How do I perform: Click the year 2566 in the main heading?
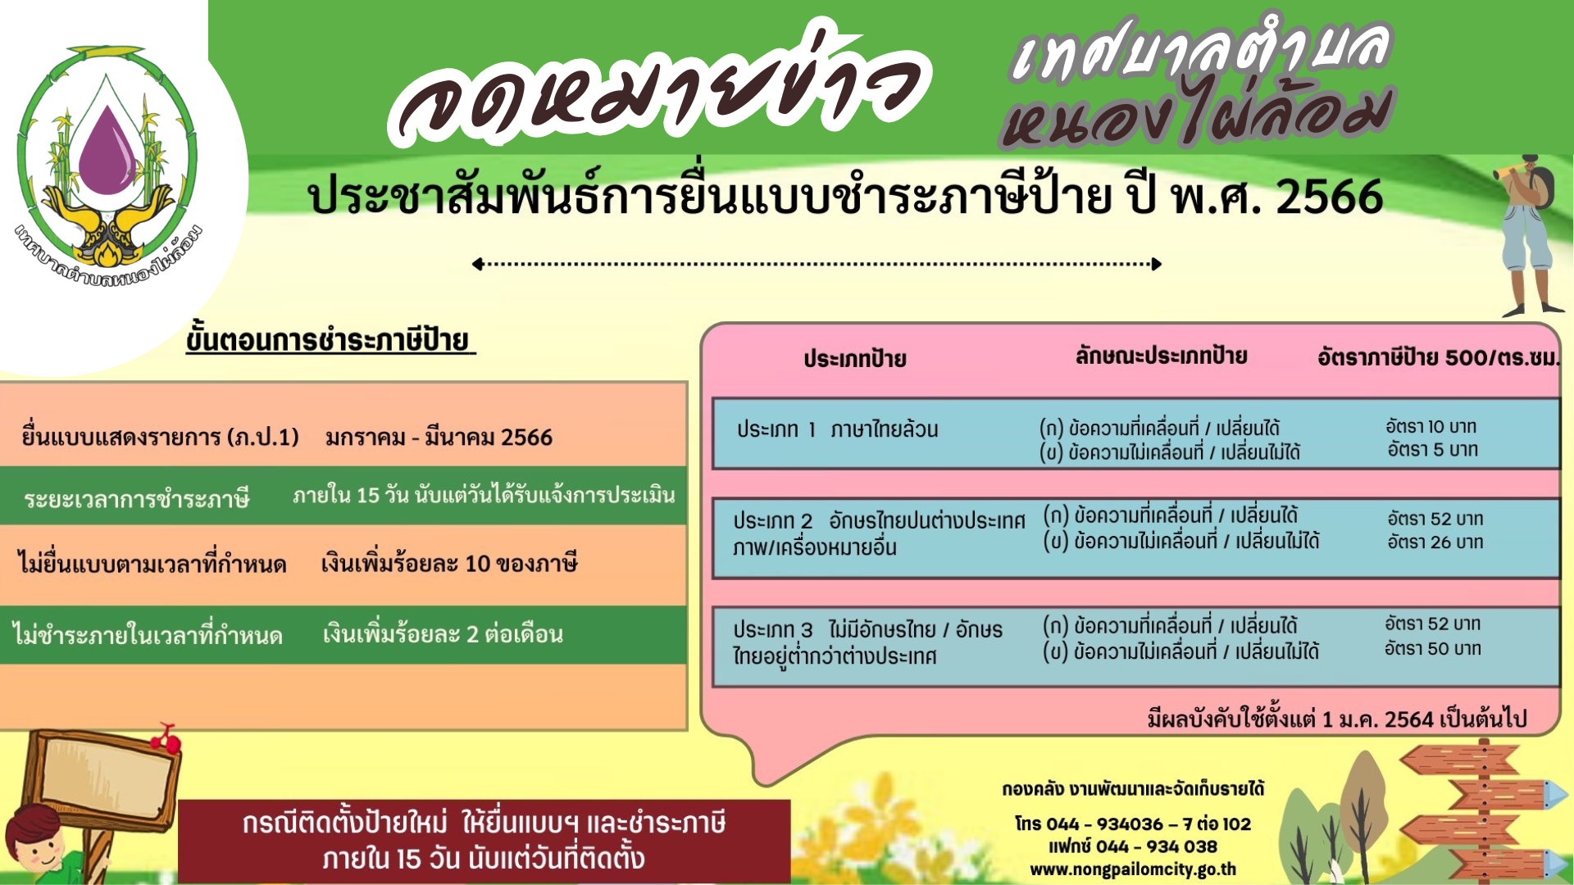click(1329, 197)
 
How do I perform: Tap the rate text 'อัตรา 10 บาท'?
click(1431, 426)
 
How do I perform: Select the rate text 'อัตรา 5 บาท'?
click(1432, 449)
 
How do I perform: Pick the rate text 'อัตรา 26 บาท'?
click(1435, 542)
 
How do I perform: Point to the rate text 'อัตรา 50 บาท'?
click(1432, 648)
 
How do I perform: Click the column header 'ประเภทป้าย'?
click(854, 359)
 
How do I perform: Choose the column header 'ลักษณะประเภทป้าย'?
click(1161, 356)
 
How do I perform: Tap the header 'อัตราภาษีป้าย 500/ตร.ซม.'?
click(1438, 357)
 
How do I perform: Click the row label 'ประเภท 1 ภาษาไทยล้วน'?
click(837, 429)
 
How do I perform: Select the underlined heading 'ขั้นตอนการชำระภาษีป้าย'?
click(330, 339)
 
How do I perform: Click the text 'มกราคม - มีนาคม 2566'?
click(439, 438)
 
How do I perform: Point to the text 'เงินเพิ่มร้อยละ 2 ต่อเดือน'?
click(443, 633)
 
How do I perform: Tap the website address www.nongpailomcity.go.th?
click(1133, 869)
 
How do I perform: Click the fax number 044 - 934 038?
click(1157, 846)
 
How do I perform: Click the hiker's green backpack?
click(1540, 188)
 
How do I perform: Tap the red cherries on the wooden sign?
click(166, 739)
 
